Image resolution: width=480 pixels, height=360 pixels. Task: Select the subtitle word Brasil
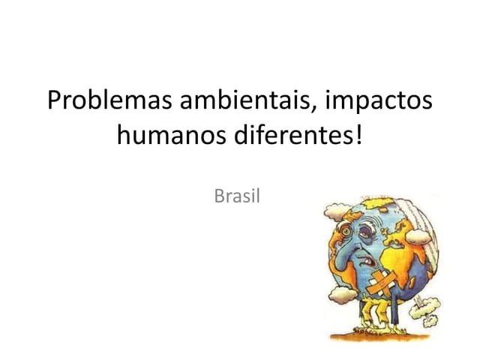(x=237, y=196)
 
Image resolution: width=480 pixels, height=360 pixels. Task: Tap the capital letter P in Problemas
(x=53, y=100)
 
